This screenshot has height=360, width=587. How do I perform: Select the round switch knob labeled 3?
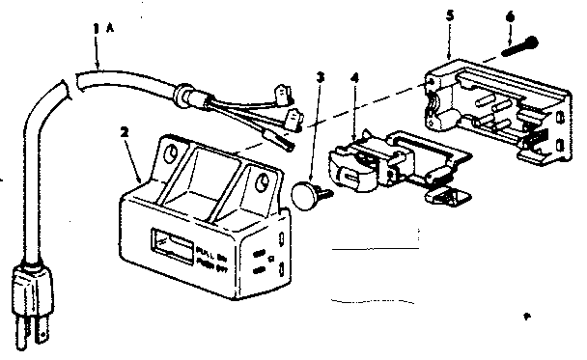click(307, 196)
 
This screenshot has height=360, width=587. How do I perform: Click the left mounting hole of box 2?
click(173, 152)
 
